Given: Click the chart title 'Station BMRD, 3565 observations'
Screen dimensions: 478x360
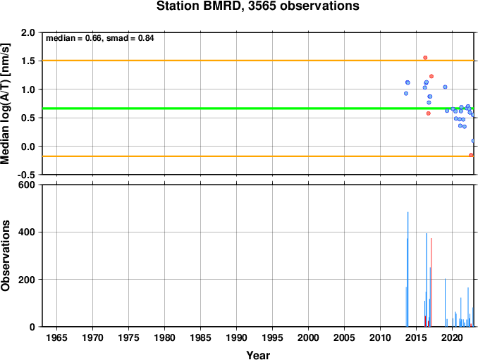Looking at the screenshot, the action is (257, 6).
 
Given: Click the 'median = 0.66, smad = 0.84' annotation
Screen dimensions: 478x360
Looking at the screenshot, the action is (99, 38).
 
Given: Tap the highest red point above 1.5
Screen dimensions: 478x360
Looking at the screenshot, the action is (425, 58).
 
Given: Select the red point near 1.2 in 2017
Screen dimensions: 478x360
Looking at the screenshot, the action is (431, 77).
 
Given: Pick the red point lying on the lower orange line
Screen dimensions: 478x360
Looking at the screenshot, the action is (471, 155).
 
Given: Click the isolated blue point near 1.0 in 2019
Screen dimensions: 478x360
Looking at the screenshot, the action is (445, 87).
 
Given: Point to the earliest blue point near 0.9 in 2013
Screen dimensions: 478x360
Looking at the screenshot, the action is (406, 94).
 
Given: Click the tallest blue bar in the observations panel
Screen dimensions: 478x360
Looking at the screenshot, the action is (408, 269).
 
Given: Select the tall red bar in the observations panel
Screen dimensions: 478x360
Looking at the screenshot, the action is (431, 283).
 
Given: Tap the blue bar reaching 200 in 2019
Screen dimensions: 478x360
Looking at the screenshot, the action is (445, 302).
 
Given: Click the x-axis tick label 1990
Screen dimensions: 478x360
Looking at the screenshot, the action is (236, 337).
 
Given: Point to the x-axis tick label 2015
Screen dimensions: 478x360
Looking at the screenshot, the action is (416, 337).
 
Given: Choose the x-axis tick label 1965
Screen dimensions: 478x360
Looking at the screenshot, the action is (56, 337).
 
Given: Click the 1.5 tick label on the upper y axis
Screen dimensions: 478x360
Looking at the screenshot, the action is (27, 61).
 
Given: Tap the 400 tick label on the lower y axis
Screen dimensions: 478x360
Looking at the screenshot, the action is (27, 232).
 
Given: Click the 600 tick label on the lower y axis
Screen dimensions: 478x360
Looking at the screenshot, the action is (27, 185).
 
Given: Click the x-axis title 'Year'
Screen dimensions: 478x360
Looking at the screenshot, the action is (258, 355).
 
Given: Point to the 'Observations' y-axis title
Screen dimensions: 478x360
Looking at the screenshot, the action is (6, 256).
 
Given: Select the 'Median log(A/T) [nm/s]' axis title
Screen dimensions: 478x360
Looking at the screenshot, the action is (6, 104).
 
